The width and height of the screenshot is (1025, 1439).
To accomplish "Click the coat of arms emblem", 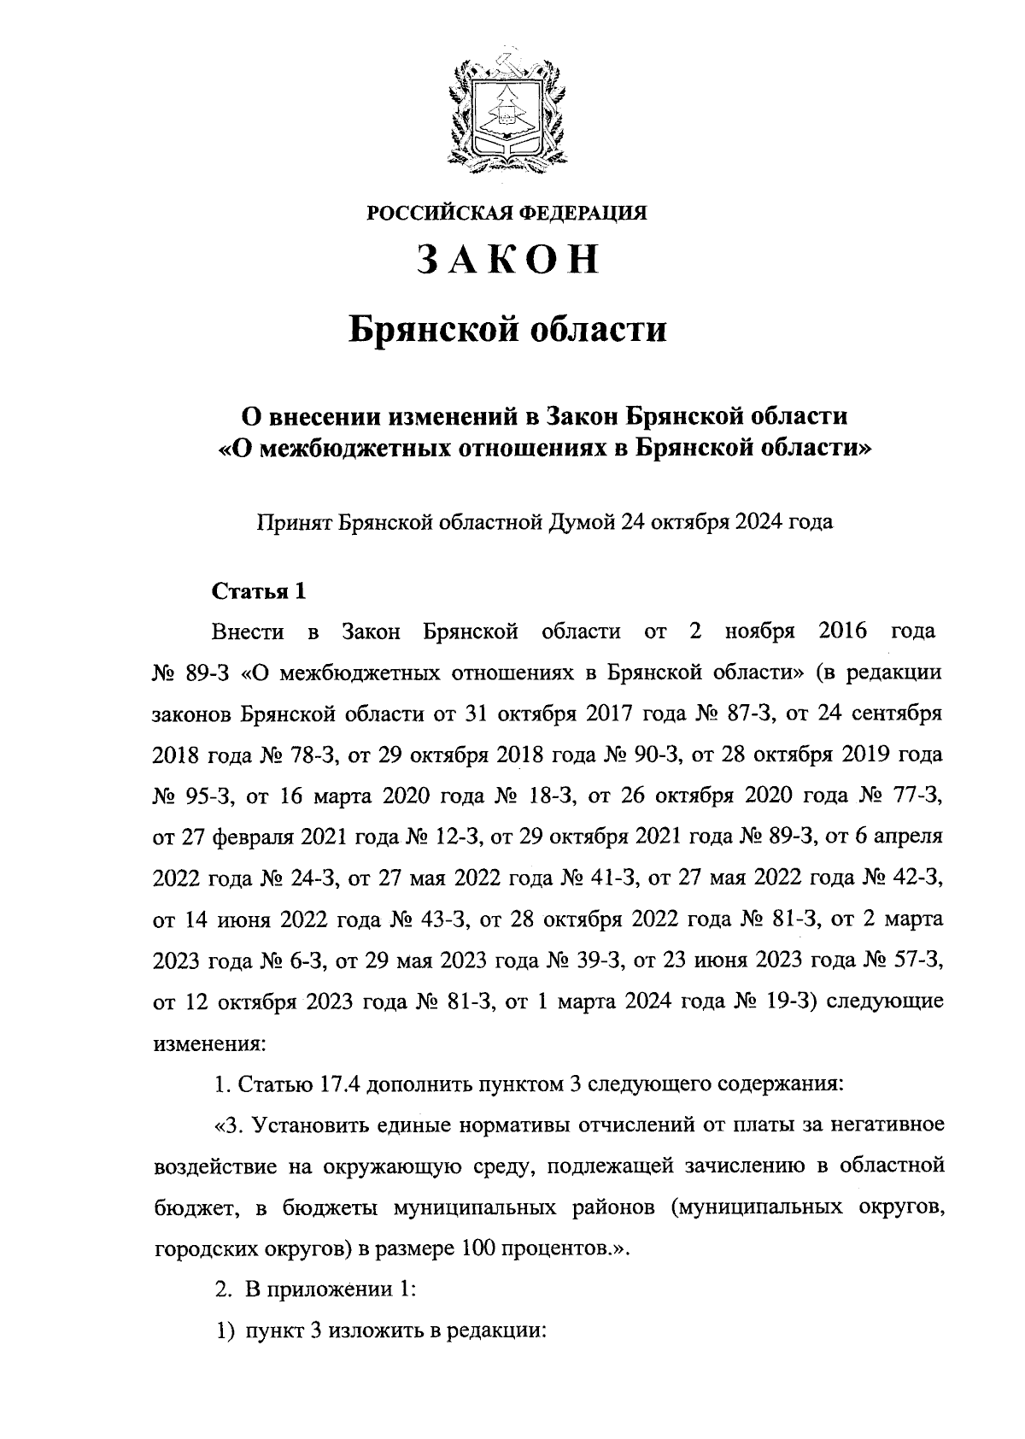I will [507, 107].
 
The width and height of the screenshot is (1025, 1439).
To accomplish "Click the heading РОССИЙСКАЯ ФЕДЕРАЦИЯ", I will [507, 213].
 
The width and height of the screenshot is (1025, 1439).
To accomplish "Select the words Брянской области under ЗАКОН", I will [507, 329].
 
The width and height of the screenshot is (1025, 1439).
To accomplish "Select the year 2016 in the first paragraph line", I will [842, 631].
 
